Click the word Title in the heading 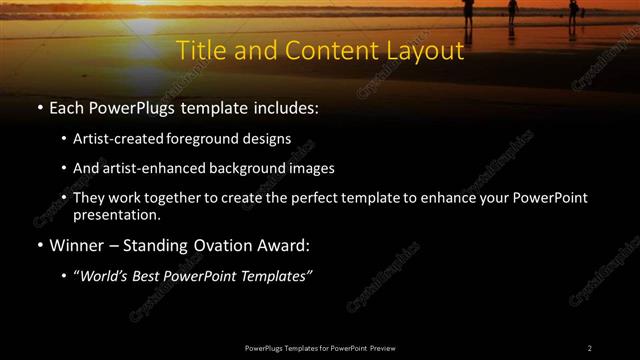click(200, 50)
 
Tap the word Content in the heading click(320, 50)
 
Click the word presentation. click(116, 214)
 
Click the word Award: click(284, 245)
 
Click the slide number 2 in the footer click(589, 348)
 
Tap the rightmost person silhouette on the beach click(573, 10)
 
